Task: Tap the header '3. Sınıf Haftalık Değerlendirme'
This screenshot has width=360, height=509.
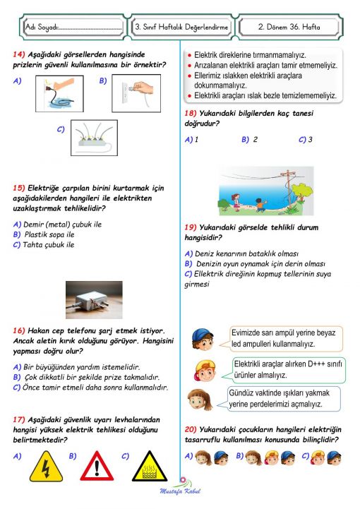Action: coord(181,28)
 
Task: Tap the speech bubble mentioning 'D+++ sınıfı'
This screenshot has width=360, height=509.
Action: coord(287,369)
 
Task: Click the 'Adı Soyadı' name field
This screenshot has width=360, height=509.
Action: coord(71,28)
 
